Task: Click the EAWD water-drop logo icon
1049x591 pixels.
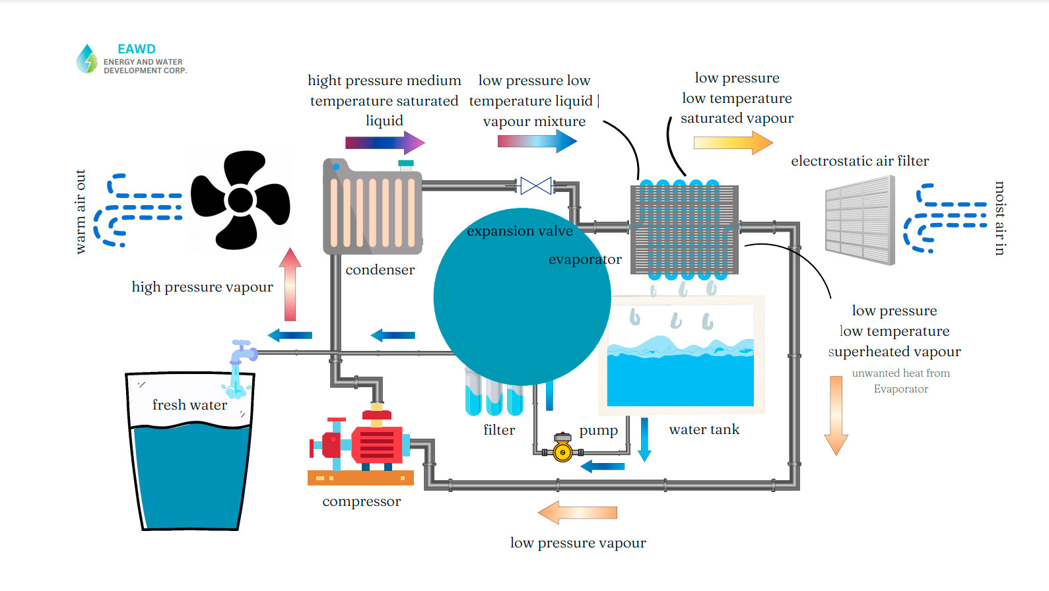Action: coord(86,59)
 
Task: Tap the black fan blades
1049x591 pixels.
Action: coord(240,200)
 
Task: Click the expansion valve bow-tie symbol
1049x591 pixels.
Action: coord(535,186)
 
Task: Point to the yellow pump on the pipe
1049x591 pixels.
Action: coord(562,451)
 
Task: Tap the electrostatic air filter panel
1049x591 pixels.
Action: coord(860,220)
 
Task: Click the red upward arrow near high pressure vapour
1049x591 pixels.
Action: coord(290,284)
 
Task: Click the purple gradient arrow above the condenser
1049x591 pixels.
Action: coord(385,142)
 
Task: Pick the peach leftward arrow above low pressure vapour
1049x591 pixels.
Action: coord(578,513)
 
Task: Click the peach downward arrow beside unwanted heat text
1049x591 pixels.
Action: coord(836,415)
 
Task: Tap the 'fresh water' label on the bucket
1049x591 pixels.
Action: coord(189,405)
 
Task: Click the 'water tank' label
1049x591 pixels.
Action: coord(704,429)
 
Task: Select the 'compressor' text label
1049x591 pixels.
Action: coord(361,501)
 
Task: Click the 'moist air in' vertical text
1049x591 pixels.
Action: coord(999,218)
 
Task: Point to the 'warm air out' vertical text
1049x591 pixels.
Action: coord(81,212)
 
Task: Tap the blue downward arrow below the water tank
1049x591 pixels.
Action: coord(644,439)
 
